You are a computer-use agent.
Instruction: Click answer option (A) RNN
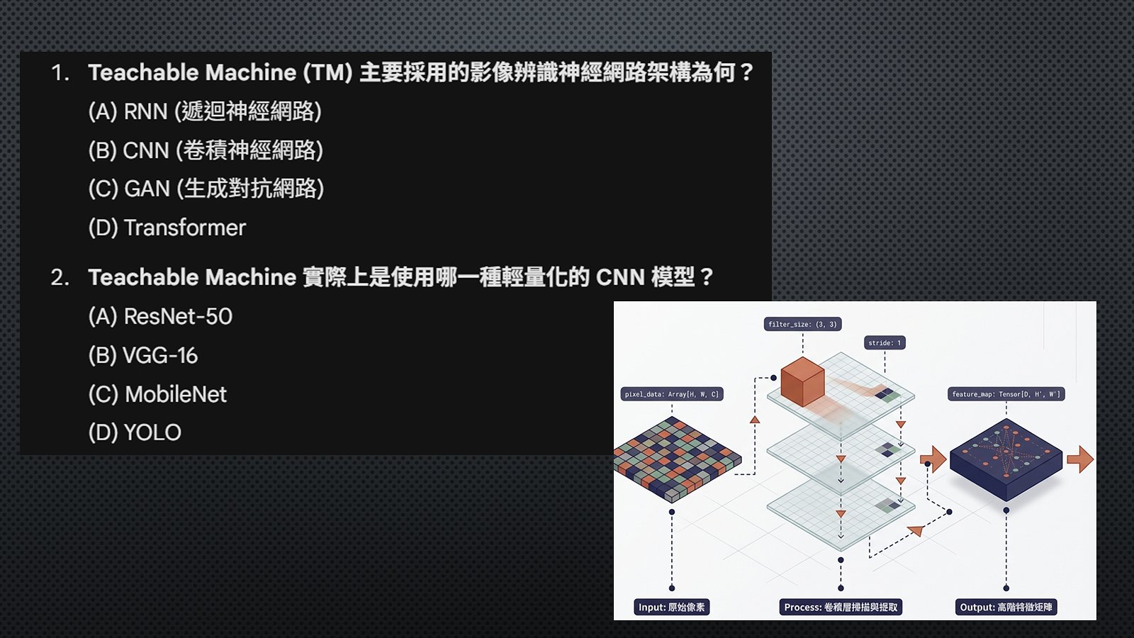pos(205,111)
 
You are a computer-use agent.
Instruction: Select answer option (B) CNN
pos(206,150)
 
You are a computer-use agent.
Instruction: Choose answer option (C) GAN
pos(206,189)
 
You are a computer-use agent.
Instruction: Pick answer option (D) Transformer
pos(167,228)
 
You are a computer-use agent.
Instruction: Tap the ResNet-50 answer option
pos(160,316)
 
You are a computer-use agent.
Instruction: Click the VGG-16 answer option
pos(142,355)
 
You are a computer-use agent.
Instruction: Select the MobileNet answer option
pos(157,394)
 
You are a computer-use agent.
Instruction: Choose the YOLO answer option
pos(135,433)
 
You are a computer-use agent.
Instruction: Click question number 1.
pos(60,73)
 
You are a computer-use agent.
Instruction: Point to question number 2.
pos(60,277)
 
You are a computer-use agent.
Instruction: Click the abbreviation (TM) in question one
pos(327,72)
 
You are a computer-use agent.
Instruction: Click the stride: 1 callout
pos(885,343)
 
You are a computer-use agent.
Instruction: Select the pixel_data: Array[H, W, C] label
pos(672,394)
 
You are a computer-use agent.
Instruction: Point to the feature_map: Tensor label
pos(1006,394)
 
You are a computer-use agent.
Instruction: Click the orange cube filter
pos(802,381)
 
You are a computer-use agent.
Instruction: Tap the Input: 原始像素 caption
pos(671,607)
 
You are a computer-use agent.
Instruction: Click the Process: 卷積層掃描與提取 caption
pos(841,607)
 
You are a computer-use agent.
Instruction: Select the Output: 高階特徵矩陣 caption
pos(1006,607)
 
